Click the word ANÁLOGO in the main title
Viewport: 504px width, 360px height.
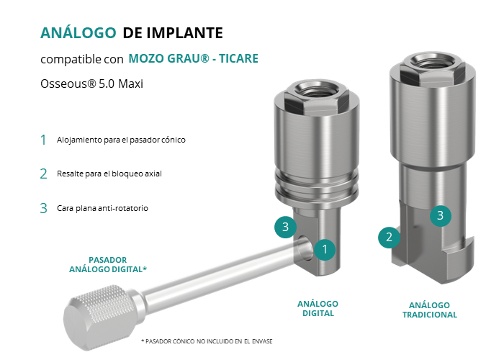click(x=78, y=33)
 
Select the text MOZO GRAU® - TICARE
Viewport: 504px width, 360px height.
click(x=193, y=58)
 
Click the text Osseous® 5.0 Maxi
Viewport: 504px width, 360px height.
click(x=91, y=84)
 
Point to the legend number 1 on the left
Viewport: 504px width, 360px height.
click(x=43, y=140)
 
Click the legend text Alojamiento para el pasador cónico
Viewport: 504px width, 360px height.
click(x=121, y=140)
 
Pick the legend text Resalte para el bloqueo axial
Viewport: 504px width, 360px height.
click(x=109, y=174)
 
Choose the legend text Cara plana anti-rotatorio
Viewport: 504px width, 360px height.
click(x=102, y=208)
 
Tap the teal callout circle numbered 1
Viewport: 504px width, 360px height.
click(x=325, y=249)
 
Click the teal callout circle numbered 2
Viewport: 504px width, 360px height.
click(x=389, y=238)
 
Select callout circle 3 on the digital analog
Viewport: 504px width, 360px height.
click(x=285, y=228)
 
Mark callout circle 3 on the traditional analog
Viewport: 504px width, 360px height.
click(x=441, y=216)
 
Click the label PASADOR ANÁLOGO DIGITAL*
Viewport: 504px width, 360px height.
click(x=108, y=264)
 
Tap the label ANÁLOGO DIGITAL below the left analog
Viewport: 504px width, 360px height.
click(x=318, y=309)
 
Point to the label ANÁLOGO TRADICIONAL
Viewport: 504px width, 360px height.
click(x=429, y=310)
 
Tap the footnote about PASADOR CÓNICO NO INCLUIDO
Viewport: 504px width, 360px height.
click(x=207, y=341)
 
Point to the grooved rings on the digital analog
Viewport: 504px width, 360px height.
click(x=317, y=185)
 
